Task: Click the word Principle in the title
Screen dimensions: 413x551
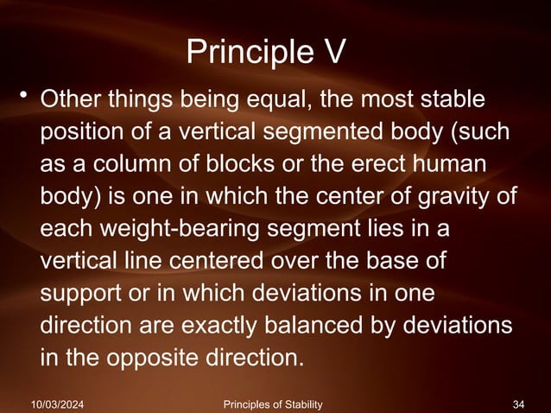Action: pyautogui.click(x=245, y=54)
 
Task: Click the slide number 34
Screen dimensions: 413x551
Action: pyautogui.click(x=519, y=403)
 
